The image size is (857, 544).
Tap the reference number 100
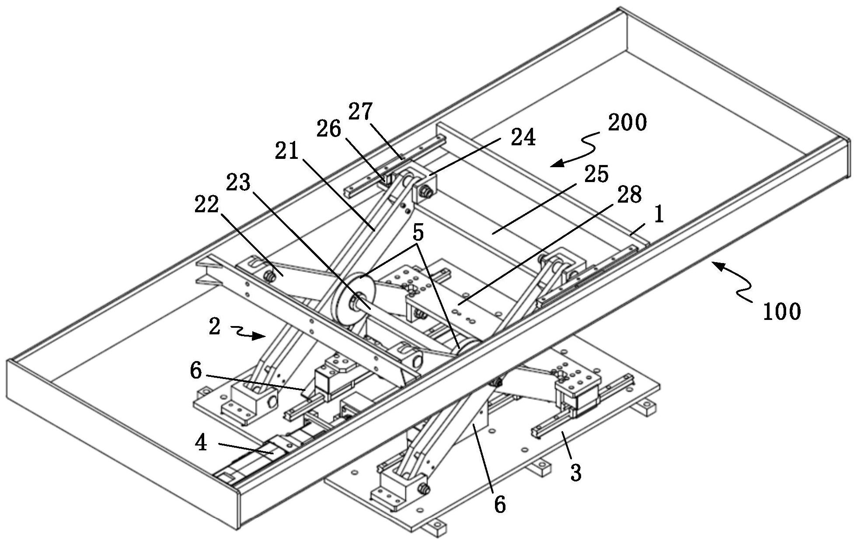point(782,312)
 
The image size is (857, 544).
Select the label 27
point(360,112)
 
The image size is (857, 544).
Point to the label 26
point(329,129)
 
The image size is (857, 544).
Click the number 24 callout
point(523,138)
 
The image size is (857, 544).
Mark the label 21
point(287,151)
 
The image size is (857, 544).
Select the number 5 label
point(418,233)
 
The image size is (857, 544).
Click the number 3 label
point(576,473)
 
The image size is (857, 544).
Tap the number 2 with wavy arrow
point(214,326)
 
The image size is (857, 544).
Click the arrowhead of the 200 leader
point(552,165)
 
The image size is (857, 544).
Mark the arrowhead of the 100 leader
point(712,263)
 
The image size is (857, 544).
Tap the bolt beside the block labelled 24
point(425,191)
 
